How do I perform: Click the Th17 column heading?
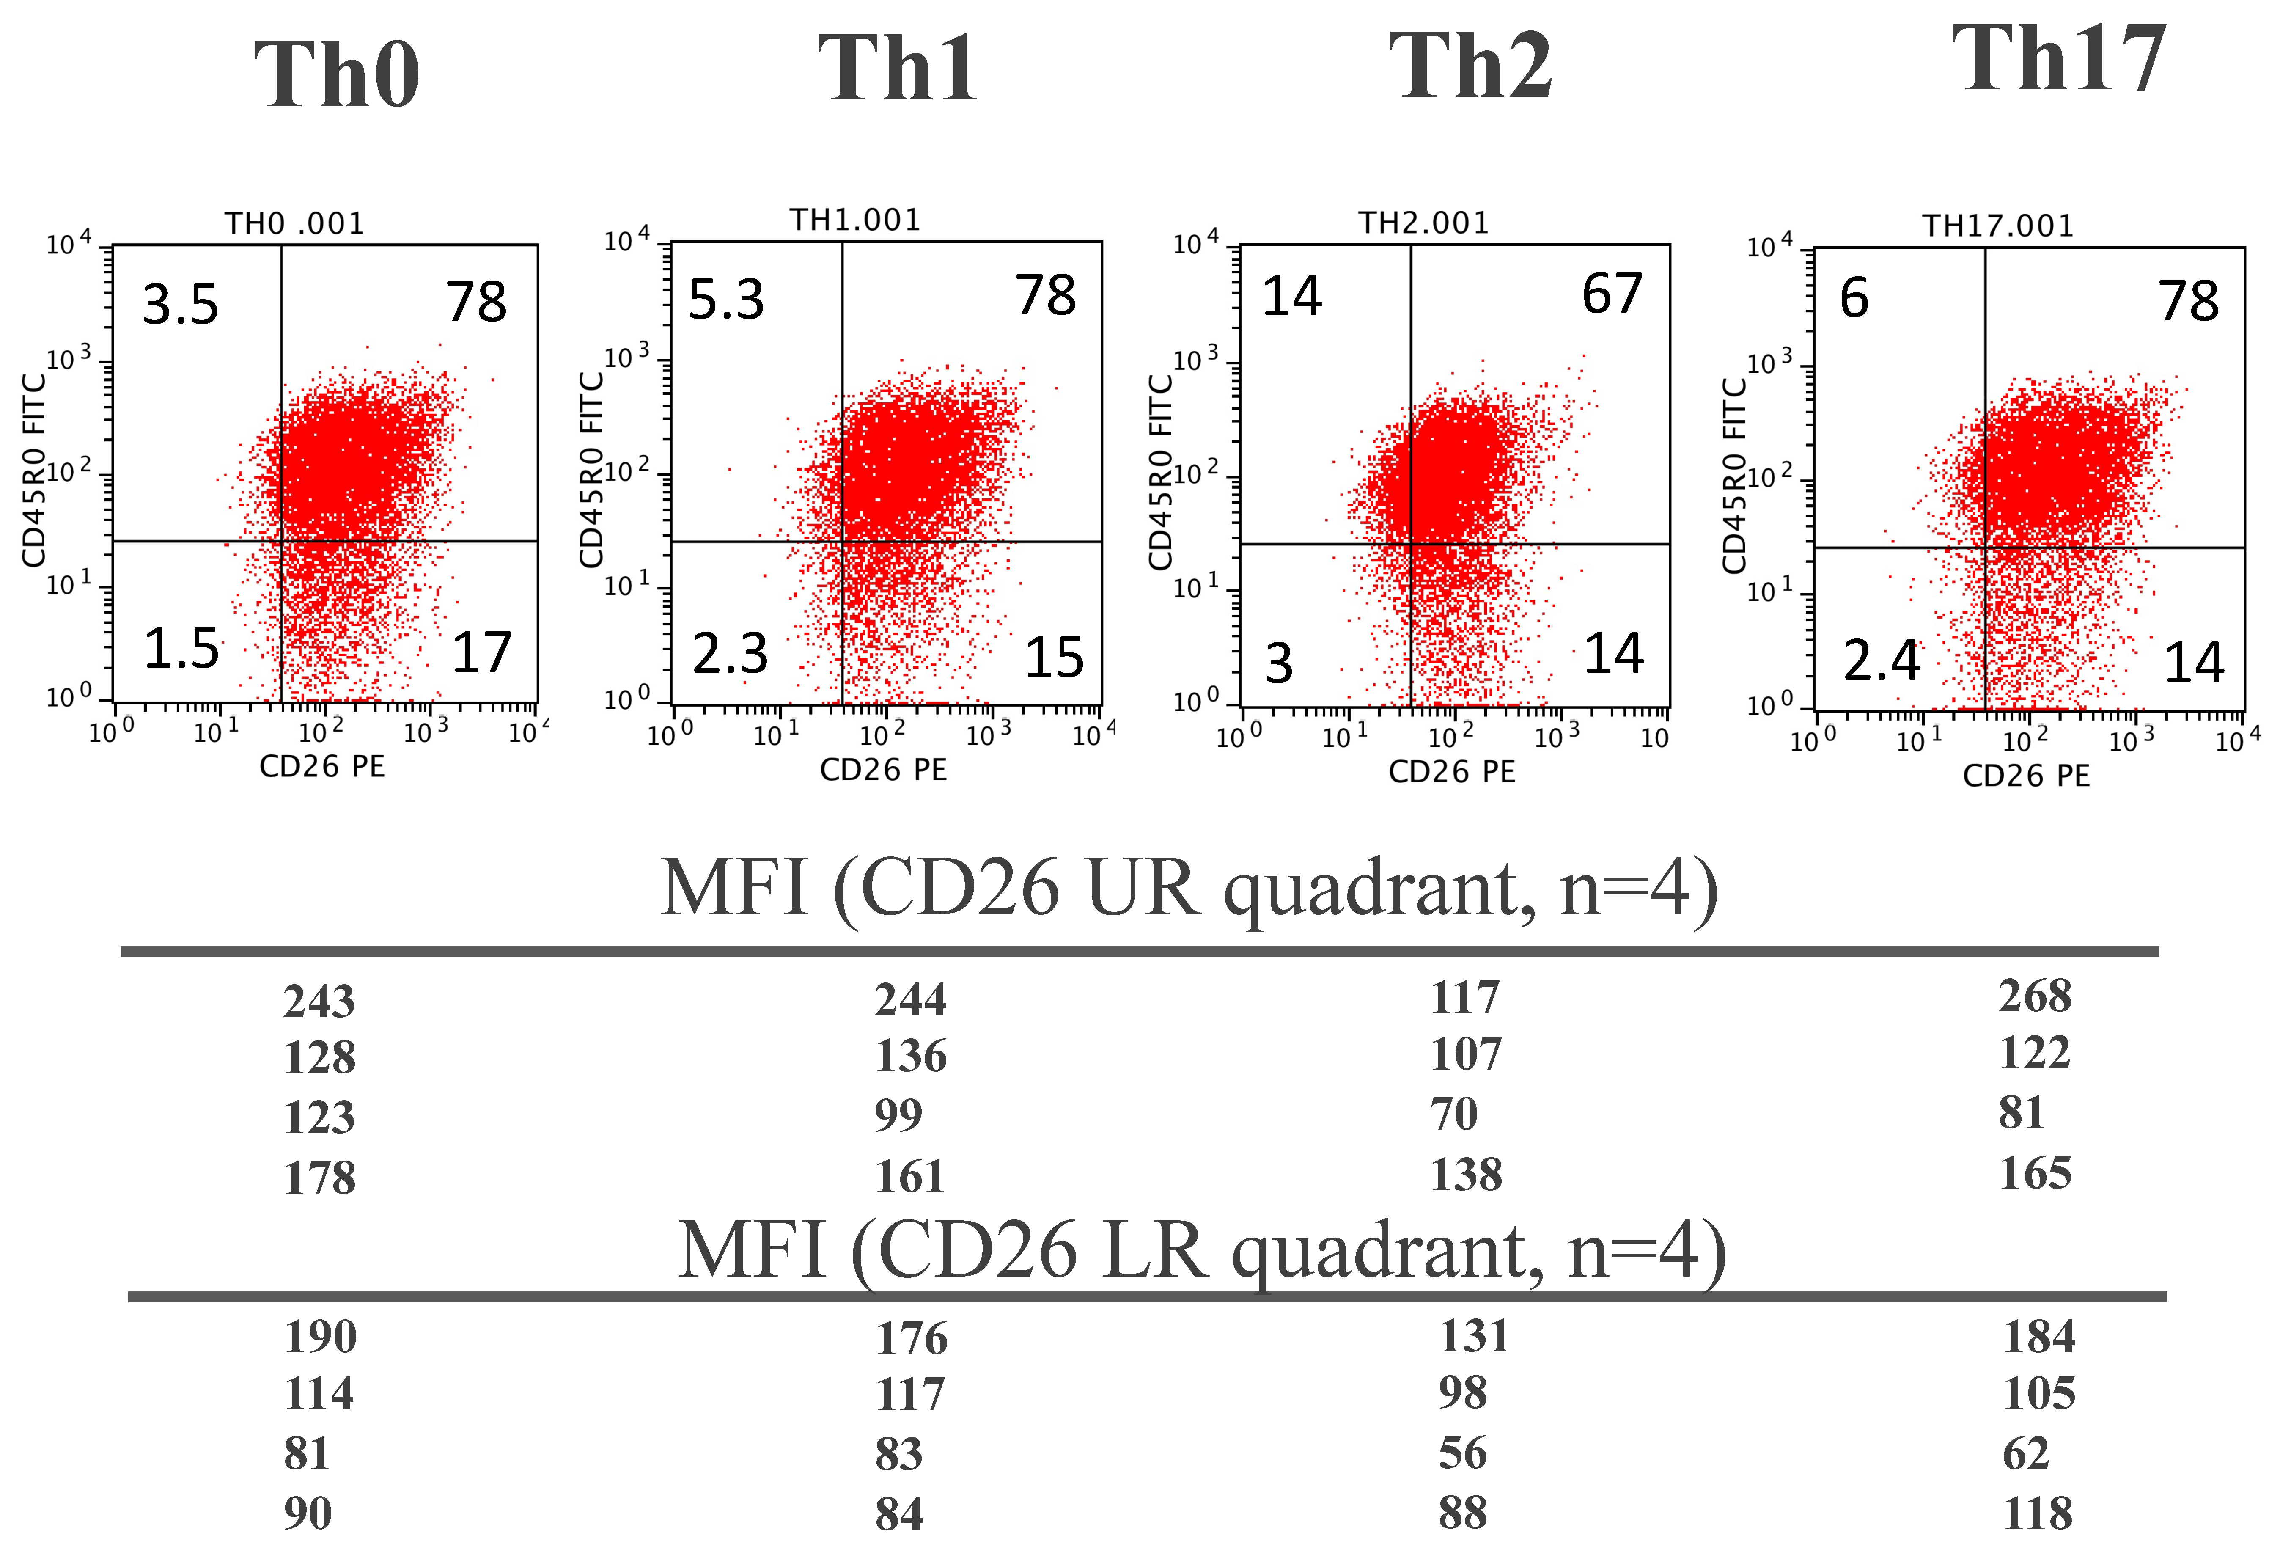pos(2058,61)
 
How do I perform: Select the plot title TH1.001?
pos(855,220)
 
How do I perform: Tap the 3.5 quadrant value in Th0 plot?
pos(181,304)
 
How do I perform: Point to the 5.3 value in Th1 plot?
pos(726,299)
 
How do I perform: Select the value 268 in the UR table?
pos(2035,996)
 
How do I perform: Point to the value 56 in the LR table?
pos(1462,1453)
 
